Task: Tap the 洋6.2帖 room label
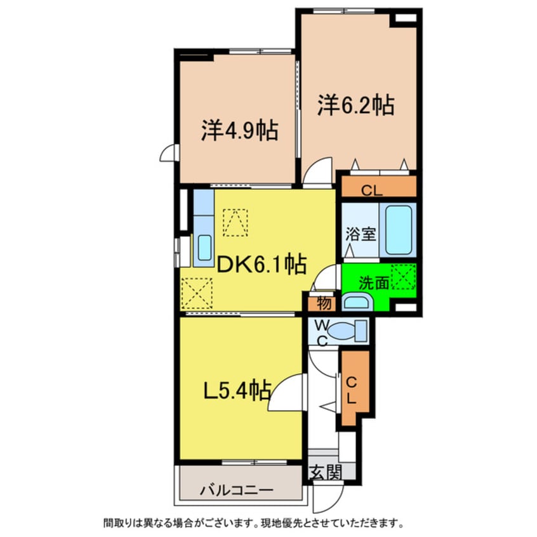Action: pos(356,105)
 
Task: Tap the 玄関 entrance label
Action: pos(326,472)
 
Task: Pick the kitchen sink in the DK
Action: pos(204,248)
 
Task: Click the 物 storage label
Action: pos(324,303)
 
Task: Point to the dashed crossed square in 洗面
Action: pos(403,276)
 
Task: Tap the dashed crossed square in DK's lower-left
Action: pos(196,293)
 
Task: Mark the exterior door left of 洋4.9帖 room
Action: pos(169,153)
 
